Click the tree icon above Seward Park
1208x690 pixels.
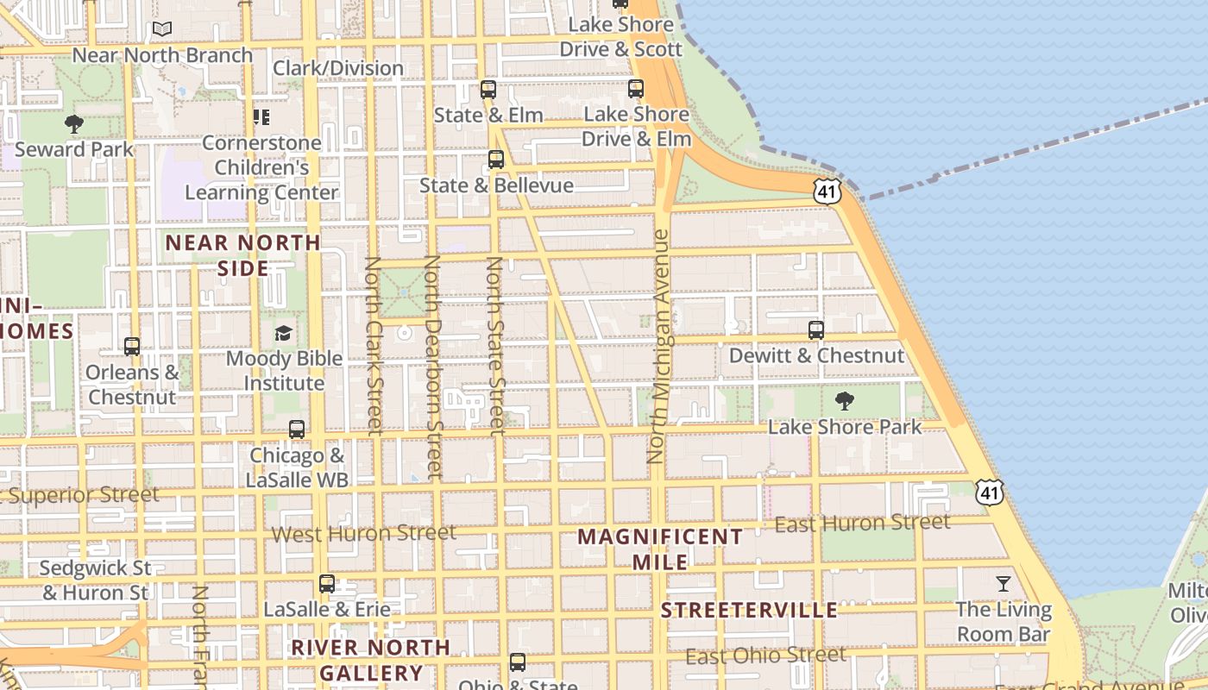74,124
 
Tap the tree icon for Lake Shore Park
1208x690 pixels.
845,401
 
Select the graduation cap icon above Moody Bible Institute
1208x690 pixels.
284,333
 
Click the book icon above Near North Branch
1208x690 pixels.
162,29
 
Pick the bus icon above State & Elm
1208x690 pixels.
488,90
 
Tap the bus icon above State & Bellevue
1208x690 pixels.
495,160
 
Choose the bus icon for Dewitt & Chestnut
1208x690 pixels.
815,329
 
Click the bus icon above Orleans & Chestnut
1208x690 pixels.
132,347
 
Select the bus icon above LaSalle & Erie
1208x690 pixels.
326,584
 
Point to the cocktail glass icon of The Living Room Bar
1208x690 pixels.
1003,584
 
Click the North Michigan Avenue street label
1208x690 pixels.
660,345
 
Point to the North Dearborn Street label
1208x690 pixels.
433,367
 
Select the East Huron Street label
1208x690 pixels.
862,523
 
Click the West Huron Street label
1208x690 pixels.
363,534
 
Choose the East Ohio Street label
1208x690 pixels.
765,655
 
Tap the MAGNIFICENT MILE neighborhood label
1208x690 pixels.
660,549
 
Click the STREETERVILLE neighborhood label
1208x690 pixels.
749,611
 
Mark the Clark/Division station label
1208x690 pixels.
338,68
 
